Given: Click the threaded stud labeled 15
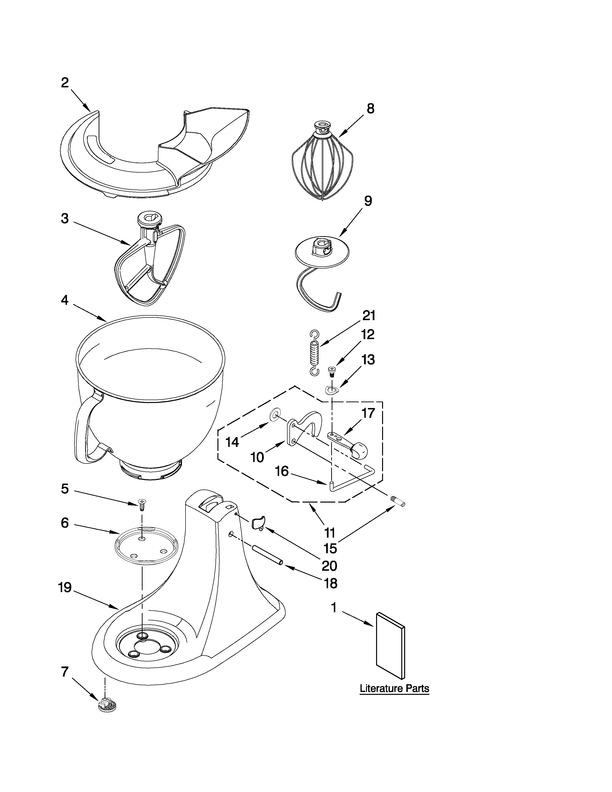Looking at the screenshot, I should coord(399,502).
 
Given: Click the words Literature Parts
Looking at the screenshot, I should coord(394,688).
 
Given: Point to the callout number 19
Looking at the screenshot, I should coord(65,588).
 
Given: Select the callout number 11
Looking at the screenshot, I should coord(330,533).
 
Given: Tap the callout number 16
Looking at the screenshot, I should coord(282,471).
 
